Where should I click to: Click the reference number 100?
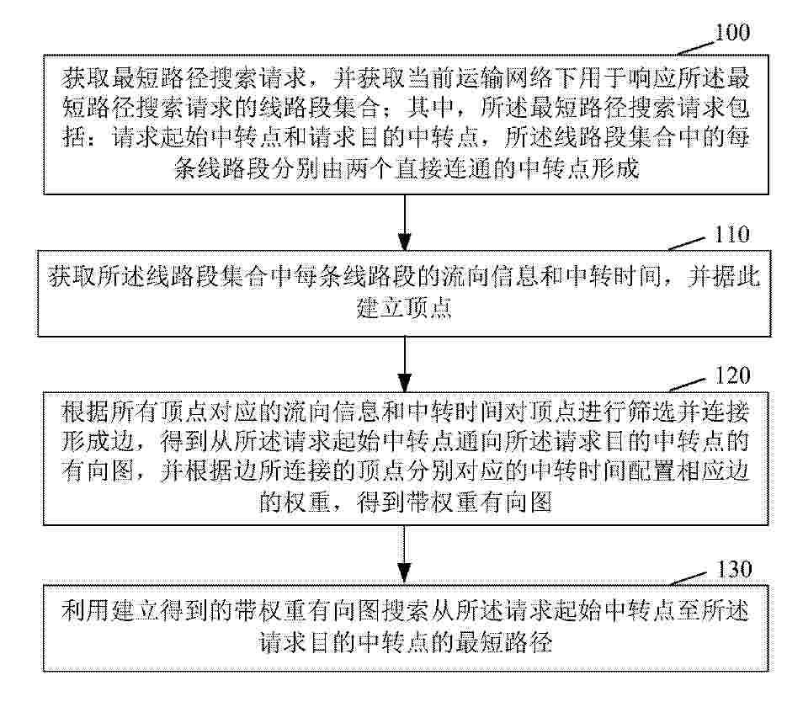coord(731,33)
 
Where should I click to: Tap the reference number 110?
coord(731,234)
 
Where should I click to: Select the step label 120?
coord(732,375)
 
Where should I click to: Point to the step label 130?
coord(733,569)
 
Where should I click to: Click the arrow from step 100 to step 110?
coord(405,222)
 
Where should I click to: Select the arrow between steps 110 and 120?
coord(405,364)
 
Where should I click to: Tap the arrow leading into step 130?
coord(405,555)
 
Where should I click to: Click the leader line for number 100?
coord(694,48)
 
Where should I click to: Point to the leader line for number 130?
coord(691,579)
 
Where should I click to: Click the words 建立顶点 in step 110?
coord(404,307)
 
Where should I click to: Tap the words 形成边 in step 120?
coord(98,442)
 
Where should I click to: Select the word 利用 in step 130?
coord(86,610)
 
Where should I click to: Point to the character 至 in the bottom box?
coord(689,610)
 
